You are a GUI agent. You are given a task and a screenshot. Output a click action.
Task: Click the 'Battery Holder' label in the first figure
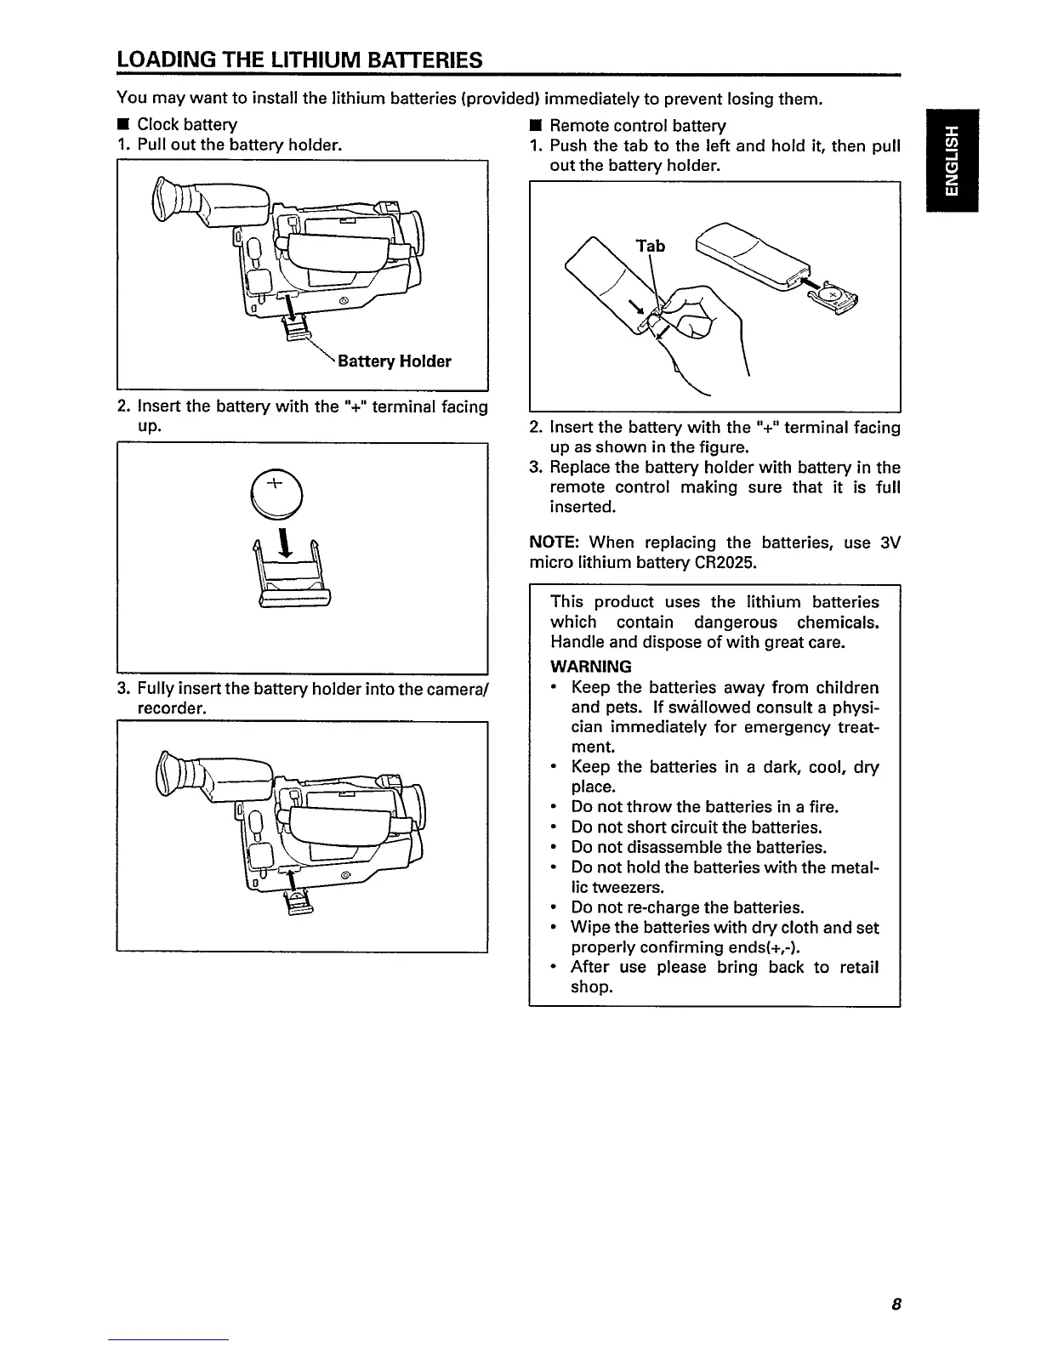pyautogui.click(x=395, y=361)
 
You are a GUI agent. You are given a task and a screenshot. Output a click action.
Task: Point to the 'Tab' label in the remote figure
pyautogui.click(x=651, y=246)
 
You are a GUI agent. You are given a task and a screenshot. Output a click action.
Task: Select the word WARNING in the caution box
pyautogui.click(x=591, y=666)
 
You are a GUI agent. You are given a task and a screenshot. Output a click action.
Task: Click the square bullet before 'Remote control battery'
pyautogui.click(x=535, y=126)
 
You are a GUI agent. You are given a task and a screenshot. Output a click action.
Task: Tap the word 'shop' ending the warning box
pyautogui.click(x=589, y=987)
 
